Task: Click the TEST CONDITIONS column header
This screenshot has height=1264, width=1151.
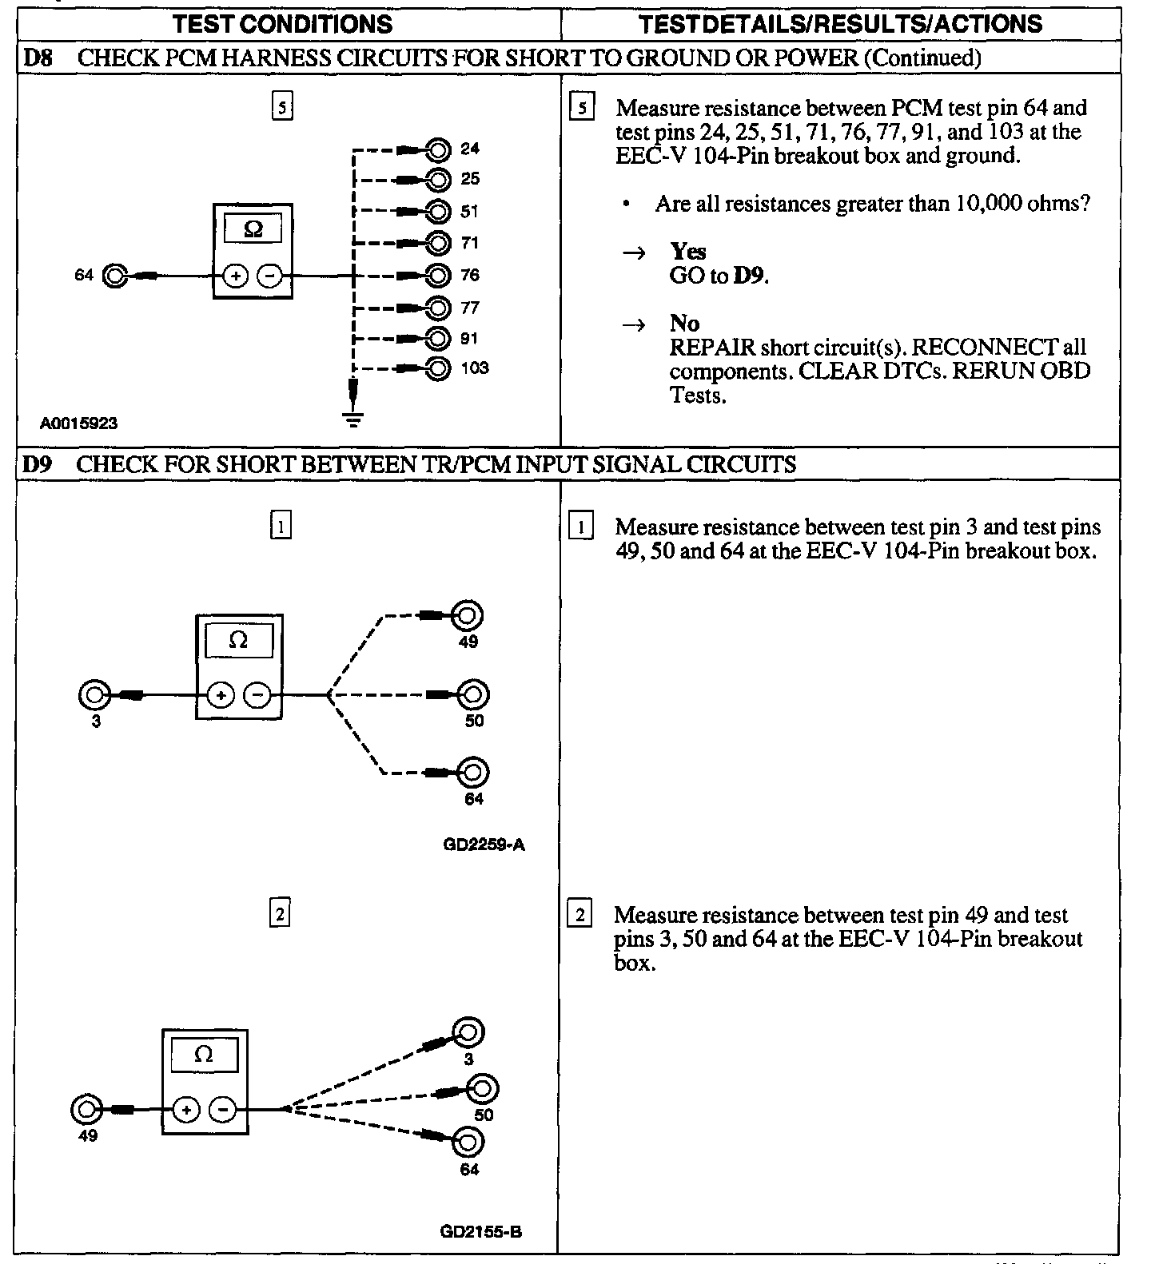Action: (x=282, y=24)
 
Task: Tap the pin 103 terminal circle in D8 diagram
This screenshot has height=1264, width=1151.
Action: (x=438, y=368)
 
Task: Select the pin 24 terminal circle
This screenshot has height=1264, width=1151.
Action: (x=438, y=149)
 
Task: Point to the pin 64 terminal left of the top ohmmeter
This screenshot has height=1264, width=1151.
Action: (x=115, y=276)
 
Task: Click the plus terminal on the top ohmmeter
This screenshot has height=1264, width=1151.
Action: (x=235, y=276)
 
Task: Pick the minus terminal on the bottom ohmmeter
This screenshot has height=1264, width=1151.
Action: (x=222, y=1110)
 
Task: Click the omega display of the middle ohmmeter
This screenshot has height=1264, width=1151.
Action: (x=238, y=641)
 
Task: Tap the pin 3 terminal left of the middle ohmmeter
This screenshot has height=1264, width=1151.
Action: (x=94, y=695)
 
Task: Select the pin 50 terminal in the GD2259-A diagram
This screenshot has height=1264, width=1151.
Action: (x=472, y=695)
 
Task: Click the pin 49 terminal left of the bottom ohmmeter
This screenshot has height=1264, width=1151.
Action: (x=86, y=1110)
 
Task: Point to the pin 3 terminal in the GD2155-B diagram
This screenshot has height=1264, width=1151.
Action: (x=468, y=1032)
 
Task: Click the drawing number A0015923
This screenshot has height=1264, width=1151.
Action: (x=79, y=423)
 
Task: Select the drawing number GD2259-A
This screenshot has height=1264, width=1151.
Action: (x=484, y=845)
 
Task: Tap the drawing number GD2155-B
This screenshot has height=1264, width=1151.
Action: (x=481, y=1231)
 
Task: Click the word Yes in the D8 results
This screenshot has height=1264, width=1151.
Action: (x=688, y=252)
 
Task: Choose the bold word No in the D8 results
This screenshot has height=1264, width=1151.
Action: (x=684, y=324)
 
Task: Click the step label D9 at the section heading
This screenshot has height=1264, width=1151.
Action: (x=37, y=464)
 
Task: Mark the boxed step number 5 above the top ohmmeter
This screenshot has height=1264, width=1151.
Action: (x=282, y=106)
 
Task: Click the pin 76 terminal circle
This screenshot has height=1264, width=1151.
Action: (x=438, y=276)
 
